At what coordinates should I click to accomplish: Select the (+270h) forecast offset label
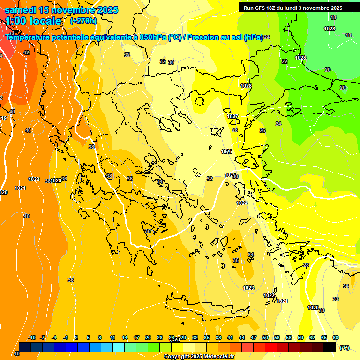tap(83, 21)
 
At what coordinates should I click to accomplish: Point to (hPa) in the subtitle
tap(254, 37)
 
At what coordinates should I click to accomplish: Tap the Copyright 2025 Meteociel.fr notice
tap(199, 357)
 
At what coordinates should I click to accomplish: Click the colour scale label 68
tap(335, 337)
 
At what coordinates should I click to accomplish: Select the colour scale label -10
tap(32, 337)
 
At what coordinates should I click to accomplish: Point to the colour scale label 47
tap(254, 337)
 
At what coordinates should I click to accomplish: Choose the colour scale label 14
tap(125, 337)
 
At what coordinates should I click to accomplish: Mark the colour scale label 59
tap(300, 337)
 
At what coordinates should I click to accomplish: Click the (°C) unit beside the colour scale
tap(345, 348)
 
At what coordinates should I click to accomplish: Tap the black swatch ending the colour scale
tap(330, 347)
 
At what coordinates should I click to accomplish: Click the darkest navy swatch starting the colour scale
tap(25, 347)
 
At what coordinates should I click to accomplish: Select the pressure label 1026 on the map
tap(227, 151)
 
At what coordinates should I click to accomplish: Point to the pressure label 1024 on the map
tap(242, 203)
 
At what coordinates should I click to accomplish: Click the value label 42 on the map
tap(26, 52)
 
